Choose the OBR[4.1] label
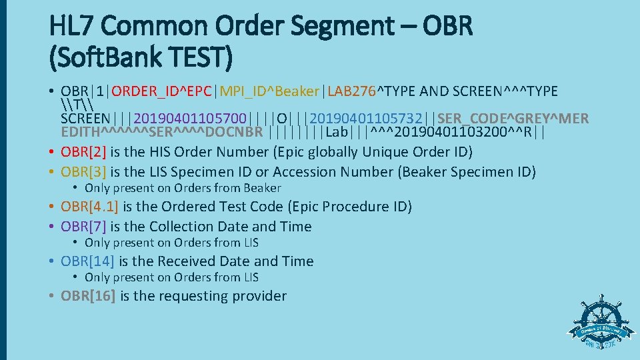[x=90, y=207]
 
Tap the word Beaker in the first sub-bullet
[x=262, y=189]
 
